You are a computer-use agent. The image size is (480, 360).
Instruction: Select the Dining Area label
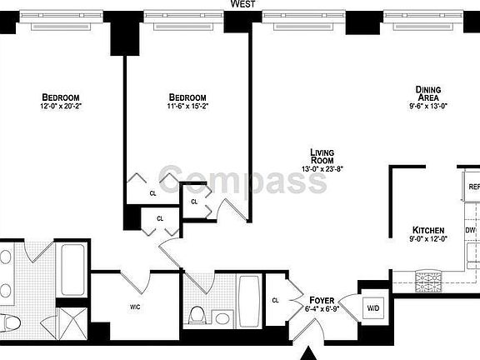click(x=429, y=93)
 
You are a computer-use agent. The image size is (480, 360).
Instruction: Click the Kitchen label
click(x=428, y=230)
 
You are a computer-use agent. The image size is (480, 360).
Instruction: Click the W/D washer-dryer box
click(x=372, y=308)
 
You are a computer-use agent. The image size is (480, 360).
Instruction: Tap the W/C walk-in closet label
click(x=135, y=307)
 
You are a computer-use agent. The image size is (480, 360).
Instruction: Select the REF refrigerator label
click(x=473, y=187)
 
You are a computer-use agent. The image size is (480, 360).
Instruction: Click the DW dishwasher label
click(x=470, y=230)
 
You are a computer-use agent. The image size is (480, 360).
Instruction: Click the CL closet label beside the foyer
click(x=275, y=301)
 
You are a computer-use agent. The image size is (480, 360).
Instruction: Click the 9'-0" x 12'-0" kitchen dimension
click(x=428, y=240)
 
